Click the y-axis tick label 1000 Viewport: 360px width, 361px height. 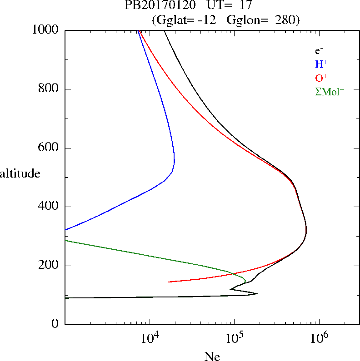46,30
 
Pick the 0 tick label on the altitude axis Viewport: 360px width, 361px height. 55,324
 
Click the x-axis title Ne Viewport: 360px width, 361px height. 212,356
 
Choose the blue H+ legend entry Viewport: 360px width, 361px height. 321,64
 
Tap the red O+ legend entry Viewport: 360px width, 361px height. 321,78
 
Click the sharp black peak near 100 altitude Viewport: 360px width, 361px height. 257,294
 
